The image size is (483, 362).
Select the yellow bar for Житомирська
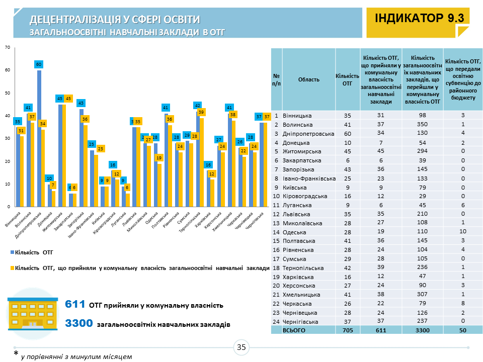64,155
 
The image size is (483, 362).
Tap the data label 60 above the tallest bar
39,64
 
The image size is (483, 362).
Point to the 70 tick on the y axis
7,47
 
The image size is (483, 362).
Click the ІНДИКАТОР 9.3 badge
419,19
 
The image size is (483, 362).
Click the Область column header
308,79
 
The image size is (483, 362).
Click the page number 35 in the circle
242,347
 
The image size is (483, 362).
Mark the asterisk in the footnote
16,353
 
